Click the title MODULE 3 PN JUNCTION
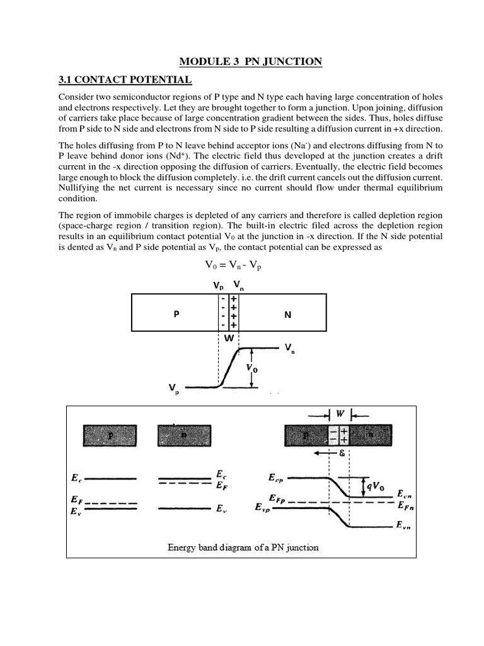(251, 61)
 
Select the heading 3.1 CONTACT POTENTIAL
(125, 80)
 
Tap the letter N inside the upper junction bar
(287, 314)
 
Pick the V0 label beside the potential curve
(258, 368)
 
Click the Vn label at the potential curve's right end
(290, 348)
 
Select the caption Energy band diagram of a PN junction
(243, 547)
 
